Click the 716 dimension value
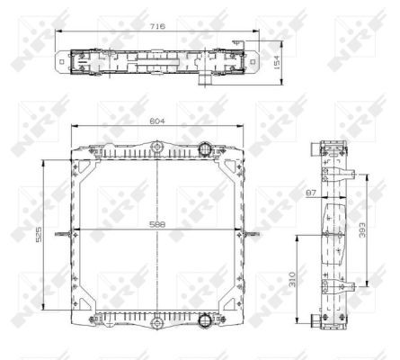pos(157,26)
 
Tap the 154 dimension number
pos(277,62)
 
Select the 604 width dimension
pos(157,121)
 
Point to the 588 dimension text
pos(157,224)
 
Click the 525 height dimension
pos(39,234)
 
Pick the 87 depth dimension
pos(311,193)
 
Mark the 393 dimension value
pos(362,229)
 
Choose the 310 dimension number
pos(292,279)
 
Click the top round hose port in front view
pos(205,148)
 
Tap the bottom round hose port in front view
pos(205,319)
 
